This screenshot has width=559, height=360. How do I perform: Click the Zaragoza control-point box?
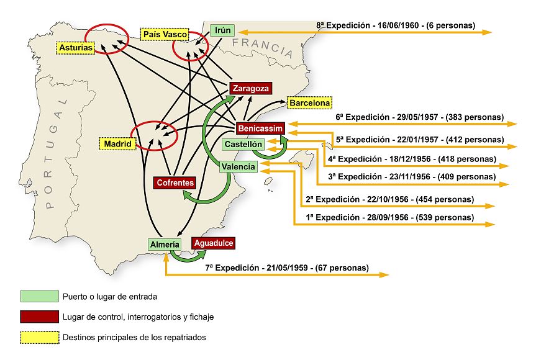251,88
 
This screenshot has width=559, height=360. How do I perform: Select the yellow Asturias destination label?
76,47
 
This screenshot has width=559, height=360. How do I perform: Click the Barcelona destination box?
309,103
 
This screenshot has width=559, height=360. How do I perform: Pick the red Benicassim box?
261,128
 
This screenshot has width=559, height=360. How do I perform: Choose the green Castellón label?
244,144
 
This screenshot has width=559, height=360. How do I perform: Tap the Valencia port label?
239,166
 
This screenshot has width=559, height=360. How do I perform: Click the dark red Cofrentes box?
175,183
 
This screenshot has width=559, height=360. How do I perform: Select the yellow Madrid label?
117,144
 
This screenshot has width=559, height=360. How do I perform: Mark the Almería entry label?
165,245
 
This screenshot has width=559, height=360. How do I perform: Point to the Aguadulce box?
214,243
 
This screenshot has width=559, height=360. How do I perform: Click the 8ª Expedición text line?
396,26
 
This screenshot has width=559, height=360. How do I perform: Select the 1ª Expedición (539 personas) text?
389,218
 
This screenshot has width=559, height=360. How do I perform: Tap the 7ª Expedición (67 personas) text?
286,268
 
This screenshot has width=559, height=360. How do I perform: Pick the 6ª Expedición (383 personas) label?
419,117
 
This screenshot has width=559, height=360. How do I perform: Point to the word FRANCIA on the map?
262,47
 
